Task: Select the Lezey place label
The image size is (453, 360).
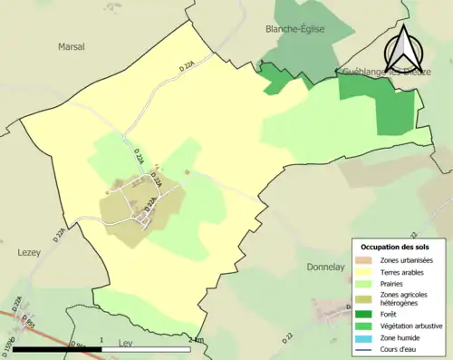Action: [x=31, y=255]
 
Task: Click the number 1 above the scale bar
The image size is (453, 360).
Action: [x=101, y=341]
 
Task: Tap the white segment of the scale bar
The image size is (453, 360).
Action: [x=145, y=350]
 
